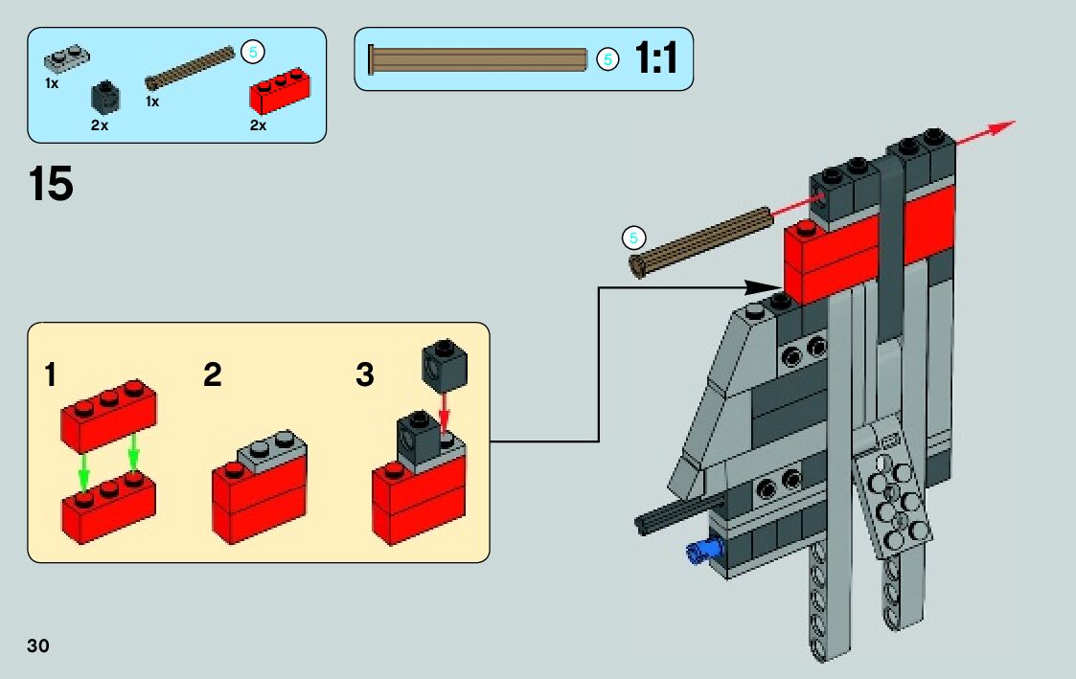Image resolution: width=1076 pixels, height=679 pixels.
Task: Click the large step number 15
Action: tap(51, 185)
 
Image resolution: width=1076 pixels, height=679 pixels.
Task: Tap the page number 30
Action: tap(38, 645)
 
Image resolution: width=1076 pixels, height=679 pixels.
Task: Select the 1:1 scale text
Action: tap(656, 59)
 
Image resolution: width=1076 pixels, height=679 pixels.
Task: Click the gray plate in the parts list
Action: tap(67, 60)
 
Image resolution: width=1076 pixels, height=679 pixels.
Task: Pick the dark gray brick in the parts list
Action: tap(104, 98)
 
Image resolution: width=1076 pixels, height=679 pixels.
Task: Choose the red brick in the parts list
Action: tap(280, 92)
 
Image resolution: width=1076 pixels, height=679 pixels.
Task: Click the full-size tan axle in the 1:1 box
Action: tap(478, 59)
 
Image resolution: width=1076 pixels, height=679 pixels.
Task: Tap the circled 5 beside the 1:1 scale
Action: tap(607, 59)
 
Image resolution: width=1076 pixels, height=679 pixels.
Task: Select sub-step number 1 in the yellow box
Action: tap(50, 375)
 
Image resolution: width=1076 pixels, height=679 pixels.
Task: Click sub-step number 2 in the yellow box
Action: tap(213, 375)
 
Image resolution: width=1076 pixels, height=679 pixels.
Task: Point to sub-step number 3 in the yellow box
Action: tap(364, 375)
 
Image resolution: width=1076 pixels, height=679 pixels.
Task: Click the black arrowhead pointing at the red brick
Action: tap(767, 286)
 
